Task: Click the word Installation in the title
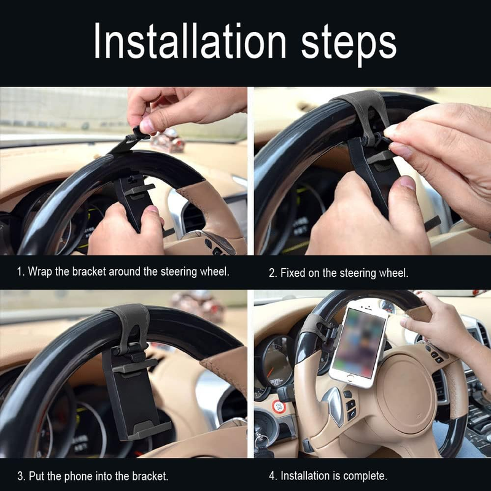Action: pyautogui.click(x=190, y=41)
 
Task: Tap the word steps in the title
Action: pyautogui.click(x=349, y=44)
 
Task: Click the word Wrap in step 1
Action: pyautogui.click(x=39, y=272)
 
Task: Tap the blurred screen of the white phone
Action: pyautogui.click(x=359, y=343)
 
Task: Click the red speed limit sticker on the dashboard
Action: pyautogui.click(x=279, y=406)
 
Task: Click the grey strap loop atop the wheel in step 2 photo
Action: pyautogui.click(x=364, y=114)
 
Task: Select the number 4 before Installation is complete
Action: pyautogui.click(x=271, y=476)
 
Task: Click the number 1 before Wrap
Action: pyautogui.click(x=20, y=272)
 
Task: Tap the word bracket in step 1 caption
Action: pyautogui.click(x=89, y=271)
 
